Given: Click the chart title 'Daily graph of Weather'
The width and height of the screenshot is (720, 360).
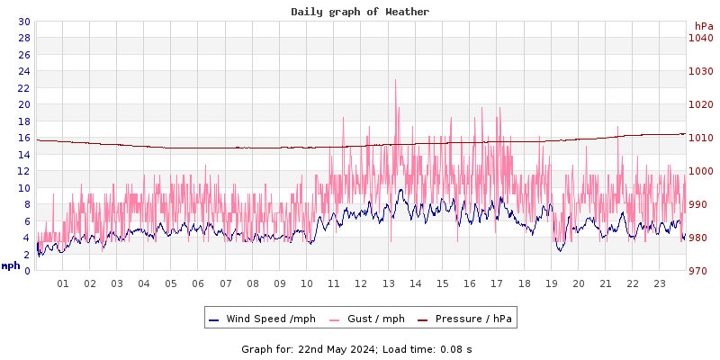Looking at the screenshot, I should [x=360, y=12].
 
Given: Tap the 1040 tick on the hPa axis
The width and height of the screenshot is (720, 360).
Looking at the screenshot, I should [x=701, y=38].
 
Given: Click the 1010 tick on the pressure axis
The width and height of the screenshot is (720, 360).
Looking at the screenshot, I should [x=701, y=138].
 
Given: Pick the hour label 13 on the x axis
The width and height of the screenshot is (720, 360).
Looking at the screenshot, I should [x=389, y=283].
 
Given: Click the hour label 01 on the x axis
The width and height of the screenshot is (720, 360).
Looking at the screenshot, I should [x=63, y=283].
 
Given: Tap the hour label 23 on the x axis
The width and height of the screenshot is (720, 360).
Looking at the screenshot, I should [x=660, y=283].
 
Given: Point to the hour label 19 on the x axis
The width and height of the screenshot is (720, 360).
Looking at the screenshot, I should [x=552, y=283].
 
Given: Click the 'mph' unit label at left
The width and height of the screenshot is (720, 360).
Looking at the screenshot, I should [x=11, y=265].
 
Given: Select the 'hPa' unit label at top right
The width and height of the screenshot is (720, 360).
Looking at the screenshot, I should [x=703, y=25].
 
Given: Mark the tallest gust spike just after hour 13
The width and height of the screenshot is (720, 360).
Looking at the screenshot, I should [x=395, y=80].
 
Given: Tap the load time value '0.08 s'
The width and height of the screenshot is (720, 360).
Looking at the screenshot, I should [x=455, y=348].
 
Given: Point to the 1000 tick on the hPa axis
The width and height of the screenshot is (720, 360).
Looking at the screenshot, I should [x=701, y=171].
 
